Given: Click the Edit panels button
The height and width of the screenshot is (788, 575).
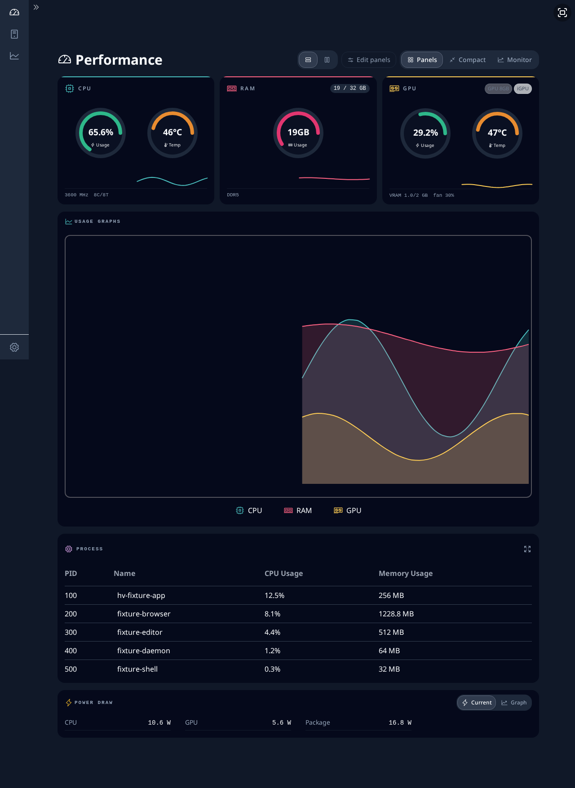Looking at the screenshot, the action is (x=369, y=60).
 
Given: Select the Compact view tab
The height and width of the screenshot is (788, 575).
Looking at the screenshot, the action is (x=467, y=60).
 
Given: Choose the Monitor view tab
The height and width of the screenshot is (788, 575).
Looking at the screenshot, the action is (x=514, y=60).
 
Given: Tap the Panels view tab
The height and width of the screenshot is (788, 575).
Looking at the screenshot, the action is (x=422, y=60).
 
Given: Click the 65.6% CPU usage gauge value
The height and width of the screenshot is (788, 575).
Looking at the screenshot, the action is (x=101, y=132).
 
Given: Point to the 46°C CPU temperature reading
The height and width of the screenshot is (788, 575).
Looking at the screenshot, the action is (x=172, y=132).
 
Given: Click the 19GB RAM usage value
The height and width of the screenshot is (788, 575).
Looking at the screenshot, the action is (x=298, y=132).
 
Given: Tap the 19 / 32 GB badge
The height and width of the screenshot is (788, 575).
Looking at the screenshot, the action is (x=349, y=88).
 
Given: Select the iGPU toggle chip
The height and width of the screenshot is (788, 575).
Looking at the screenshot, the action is (x=523, y=89).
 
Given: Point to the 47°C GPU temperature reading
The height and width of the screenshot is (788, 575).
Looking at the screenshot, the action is (x=497, y=133).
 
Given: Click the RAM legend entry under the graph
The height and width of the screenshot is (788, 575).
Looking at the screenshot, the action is (x=298, y=510).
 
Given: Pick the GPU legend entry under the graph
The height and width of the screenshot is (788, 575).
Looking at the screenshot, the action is (x=348, y=510).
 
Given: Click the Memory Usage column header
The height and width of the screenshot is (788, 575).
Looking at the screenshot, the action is (x=406, y=573).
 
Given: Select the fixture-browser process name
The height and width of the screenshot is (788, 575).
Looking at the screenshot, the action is (x=144, y=614).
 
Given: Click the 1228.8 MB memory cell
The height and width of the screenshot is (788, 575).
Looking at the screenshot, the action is (x=396, y=614).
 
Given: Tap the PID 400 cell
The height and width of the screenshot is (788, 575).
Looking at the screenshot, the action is (x=71, y=651).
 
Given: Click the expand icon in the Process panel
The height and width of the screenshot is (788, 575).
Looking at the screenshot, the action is (x=527, y=549).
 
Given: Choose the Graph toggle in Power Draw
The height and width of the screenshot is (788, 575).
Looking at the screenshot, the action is (x=514, y=703).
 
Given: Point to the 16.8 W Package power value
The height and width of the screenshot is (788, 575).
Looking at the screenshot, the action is (x=400, y=722).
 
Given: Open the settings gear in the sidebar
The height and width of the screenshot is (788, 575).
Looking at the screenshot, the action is (x=14, y=347).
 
